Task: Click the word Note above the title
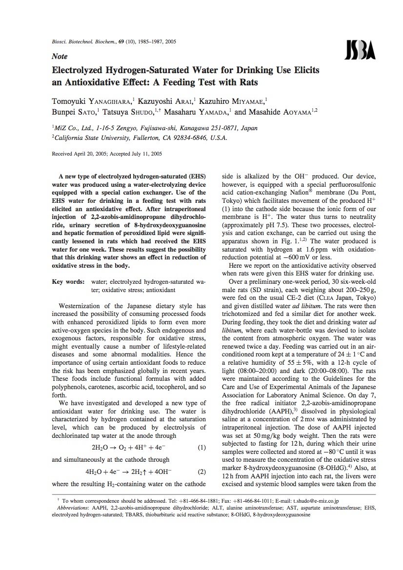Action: coord(60,57)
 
